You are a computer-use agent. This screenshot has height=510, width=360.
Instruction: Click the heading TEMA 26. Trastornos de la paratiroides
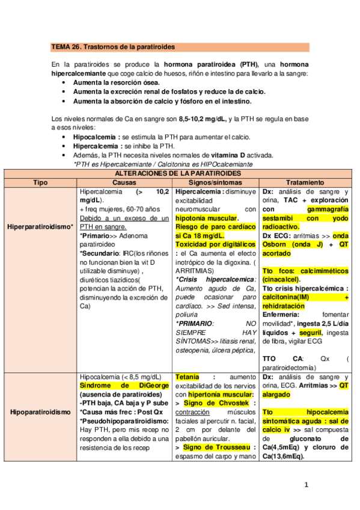(113, 46)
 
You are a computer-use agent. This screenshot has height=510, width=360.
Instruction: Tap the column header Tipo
(40, 182)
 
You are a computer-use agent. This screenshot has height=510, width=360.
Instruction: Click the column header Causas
(124, 182)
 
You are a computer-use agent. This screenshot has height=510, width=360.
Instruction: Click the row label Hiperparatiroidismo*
(40, 227)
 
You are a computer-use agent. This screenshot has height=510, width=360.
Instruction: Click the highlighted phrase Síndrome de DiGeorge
(124, 385)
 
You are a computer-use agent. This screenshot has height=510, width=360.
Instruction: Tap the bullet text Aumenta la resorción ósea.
(114, 82)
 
